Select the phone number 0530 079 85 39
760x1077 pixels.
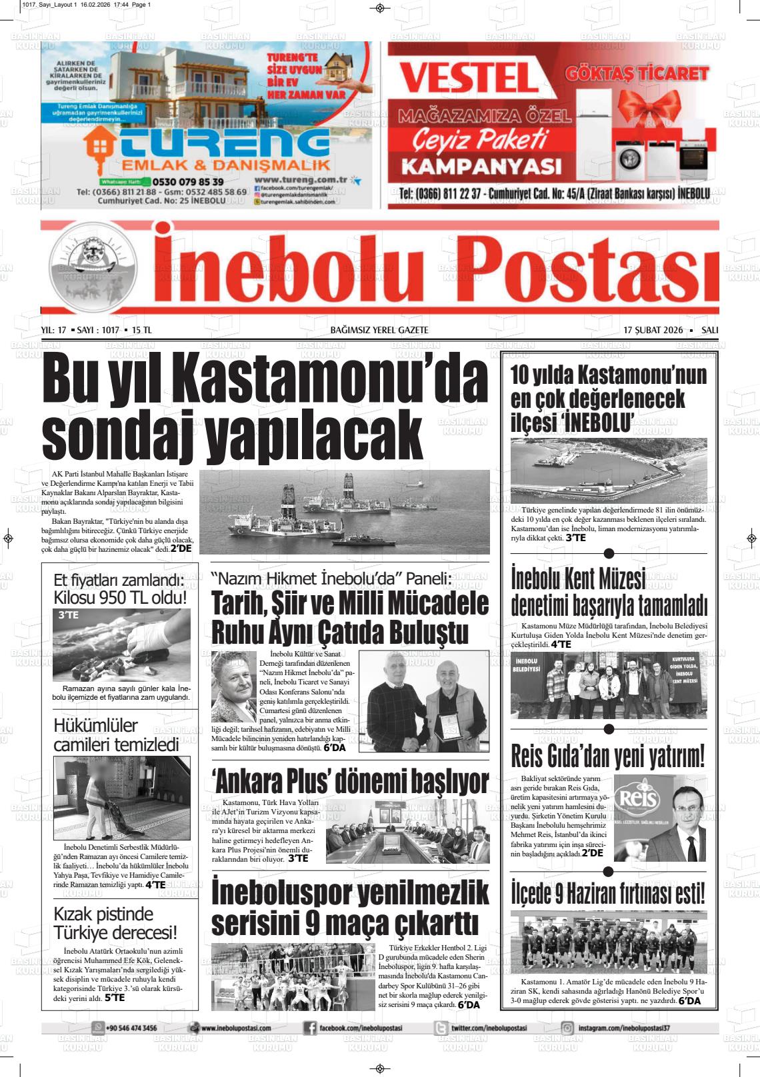pyautogui.click(x=187, y=181)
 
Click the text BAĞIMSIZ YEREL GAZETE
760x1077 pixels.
pyautogui.click(x=379, y=330)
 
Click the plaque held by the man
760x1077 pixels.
pyautogui.click(x=449, y=728)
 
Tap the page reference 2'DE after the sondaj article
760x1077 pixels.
pyautogui.click(x=181, y=548)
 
